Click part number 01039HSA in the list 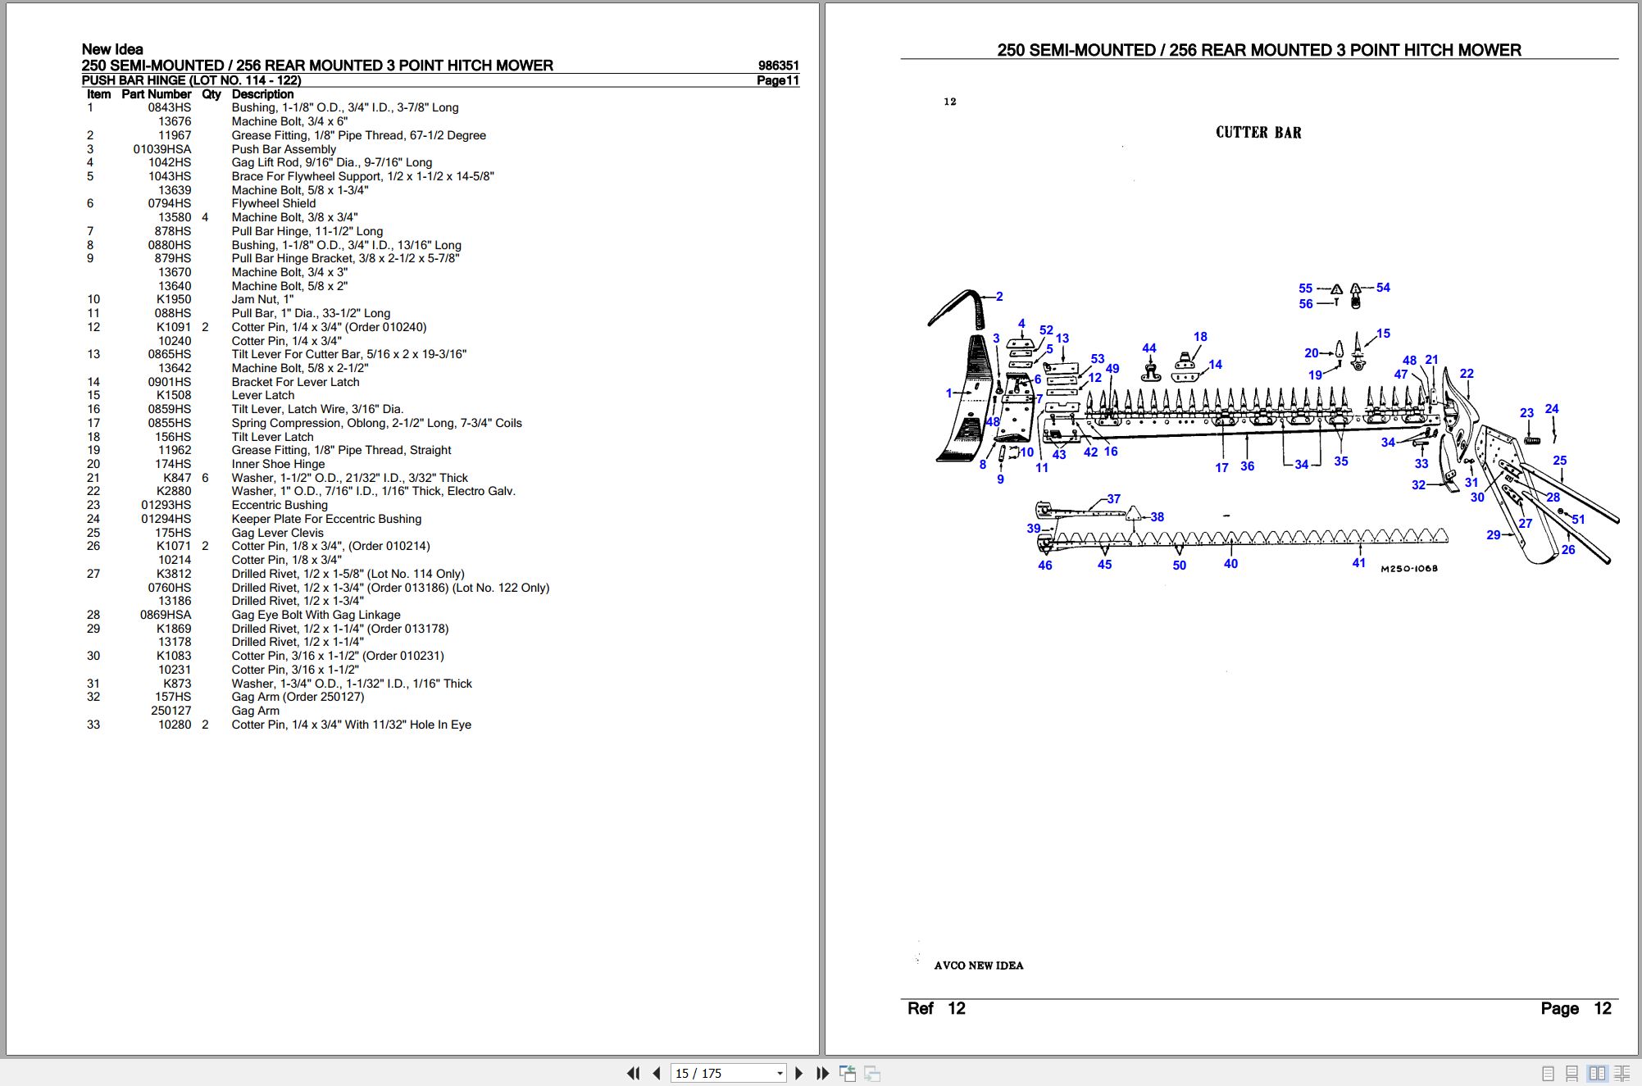tap(161, 149)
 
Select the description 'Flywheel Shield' tap(273, 203)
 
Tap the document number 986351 tap(778, 66)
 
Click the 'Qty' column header tap(212, 94)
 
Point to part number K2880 tap(174, 491)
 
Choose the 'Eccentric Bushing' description tap(280, 505)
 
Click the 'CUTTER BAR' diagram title tap(1258, 133)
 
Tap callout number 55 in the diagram tap(1305, 289)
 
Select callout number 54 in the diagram tap(1383, 288)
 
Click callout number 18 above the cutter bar tap(1200, 337)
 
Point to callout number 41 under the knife tap(1359, 563)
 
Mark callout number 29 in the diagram tap(1494, 535)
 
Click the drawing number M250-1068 tap(1409, 569)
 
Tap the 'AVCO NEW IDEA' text tap(979, 966)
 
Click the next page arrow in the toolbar tap(799, 1073)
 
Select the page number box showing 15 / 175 tap(728, 1073)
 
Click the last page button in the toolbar tap(823, 1073)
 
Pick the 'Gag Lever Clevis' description tap(277, 533)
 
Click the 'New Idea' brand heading tap(112, 49)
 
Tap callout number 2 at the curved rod tap(999, 297)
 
